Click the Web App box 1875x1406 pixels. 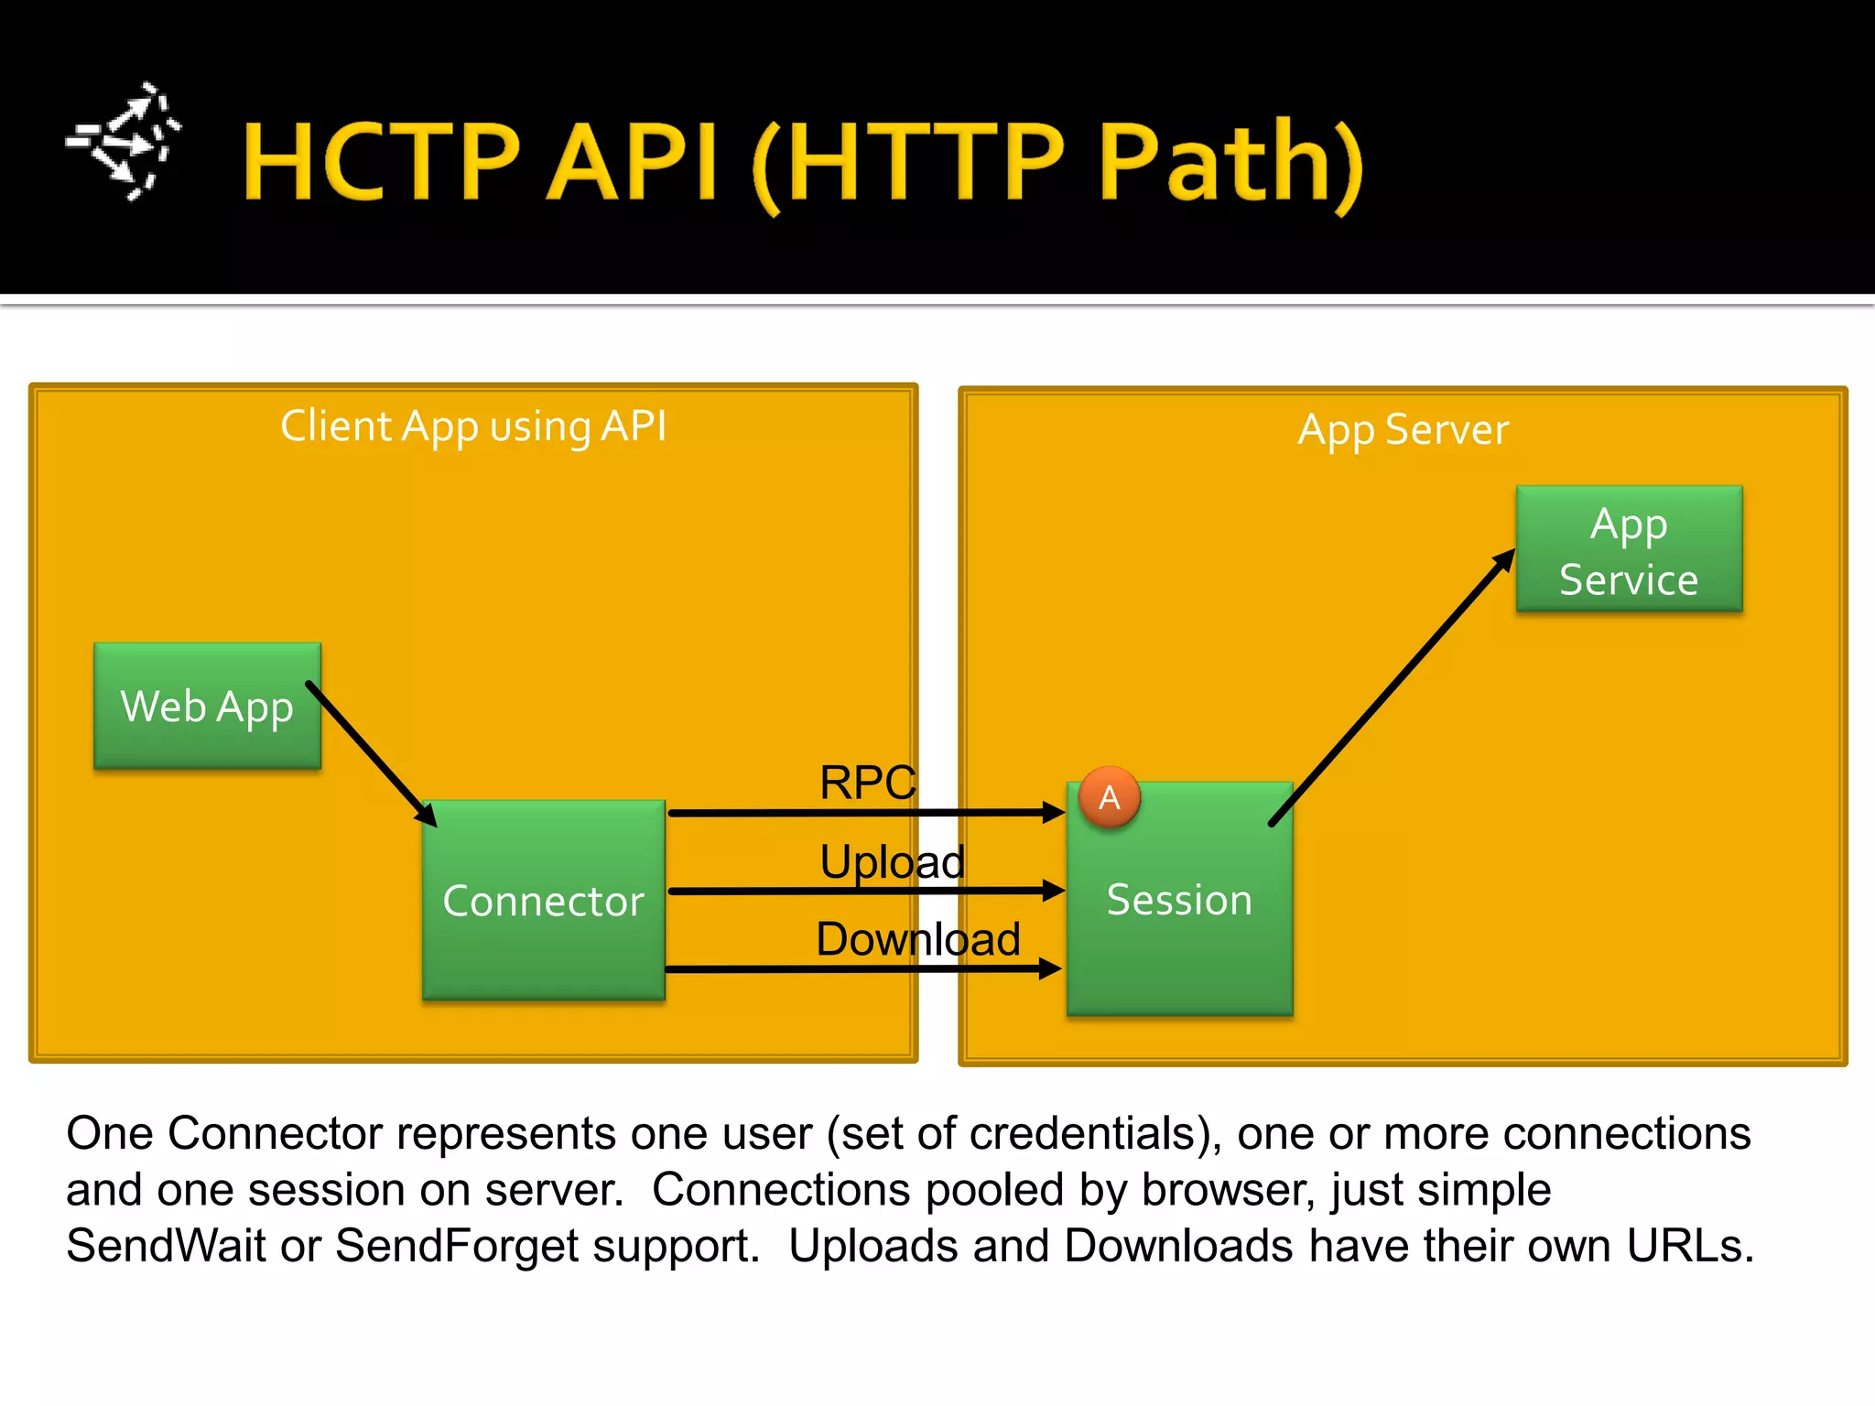click(x=207, y=706)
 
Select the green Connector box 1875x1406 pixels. click(x=543, y=900)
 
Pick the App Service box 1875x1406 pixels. click(x=1629, y=549)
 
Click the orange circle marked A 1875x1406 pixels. click(x=1110, y=797)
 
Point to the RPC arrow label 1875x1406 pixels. click(x=867, y=783)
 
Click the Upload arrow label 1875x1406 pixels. click(x=892, y=861)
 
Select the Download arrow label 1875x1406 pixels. click(x=917, y=939)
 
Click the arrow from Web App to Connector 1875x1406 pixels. click(x=371, y=753)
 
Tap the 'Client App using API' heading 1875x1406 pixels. click(x=473, y=427)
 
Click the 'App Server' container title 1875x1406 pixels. click(x=1403, y=429)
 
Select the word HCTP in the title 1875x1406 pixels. click(x=382, y=162)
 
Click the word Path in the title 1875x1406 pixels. click(x=1216, y=162)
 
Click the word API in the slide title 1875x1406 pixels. click(x=633, y=162)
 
